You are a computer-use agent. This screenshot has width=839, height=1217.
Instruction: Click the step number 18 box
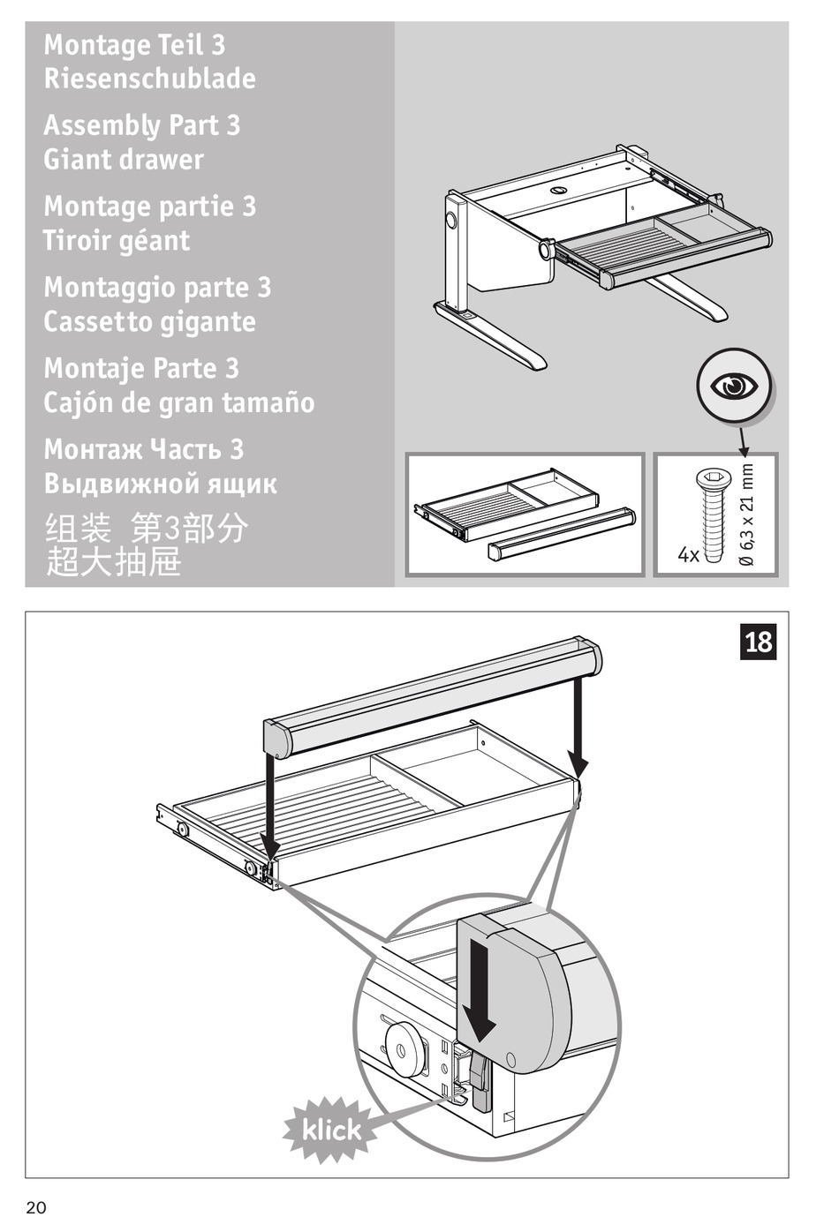click(x=759, y=642)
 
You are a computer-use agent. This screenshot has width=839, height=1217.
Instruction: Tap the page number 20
click(x=36, y=1207)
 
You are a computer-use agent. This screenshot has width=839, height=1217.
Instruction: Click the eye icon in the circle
click(x=733, y=386)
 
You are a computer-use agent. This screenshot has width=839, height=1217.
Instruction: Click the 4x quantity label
click(x=688, y=555)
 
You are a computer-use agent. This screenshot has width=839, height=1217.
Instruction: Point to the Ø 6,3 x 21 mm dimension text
click(x=747, y=516)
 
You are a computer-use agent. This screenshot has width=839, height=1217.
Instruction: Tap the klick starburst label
click(x=331, y=1129)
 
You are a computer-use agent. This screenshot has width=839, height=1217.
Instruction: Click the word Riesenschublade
click(x=150, y=79)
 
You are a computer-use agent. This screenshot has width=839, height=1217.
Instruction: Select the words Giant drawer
click(x=124, y=160)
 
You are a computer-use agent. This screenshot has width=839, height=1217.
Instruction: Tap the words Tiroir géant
click(x=117, y=241)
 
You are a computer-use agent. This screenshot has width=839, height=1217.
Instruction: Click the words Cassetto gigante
click(x=150, y=322)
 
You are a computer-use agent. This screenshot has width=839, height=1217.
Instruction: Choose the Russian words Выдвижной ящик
click(x=161, y=484)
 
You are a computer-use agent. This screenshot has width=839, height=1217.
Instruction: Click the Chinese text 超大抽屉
click(x=113, y=562)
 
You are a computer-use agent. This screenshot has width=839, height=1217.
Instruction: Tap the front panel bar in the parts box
click(x=562, y=533)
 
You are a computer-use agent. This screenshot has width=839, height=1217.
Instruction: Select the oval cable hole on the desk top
click(x=561, y=190)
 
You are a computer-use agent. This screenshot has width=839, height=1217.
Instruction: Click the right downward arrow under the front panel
click(x=579, y=724)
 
